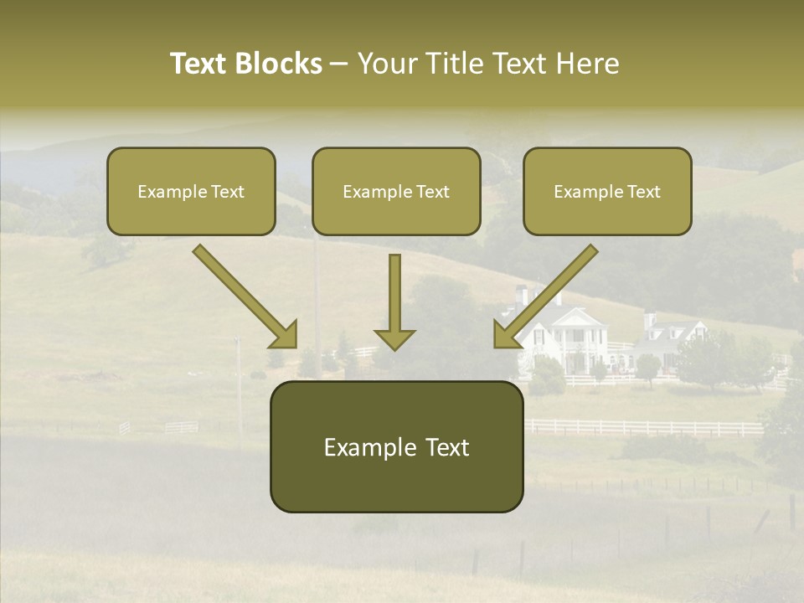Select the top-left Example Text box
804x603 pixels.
(x=191, y=191)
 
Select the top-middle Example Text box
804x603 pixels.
(x=396, y=191)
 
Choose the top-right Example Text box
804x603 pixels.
(x=607, y=191)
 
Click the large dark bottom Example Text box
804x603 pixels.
(x=396, y=446)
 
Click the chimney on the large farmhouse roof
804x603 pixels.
(x=522, y=296)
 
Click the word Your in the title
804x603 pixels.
(x=385, y=64)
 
